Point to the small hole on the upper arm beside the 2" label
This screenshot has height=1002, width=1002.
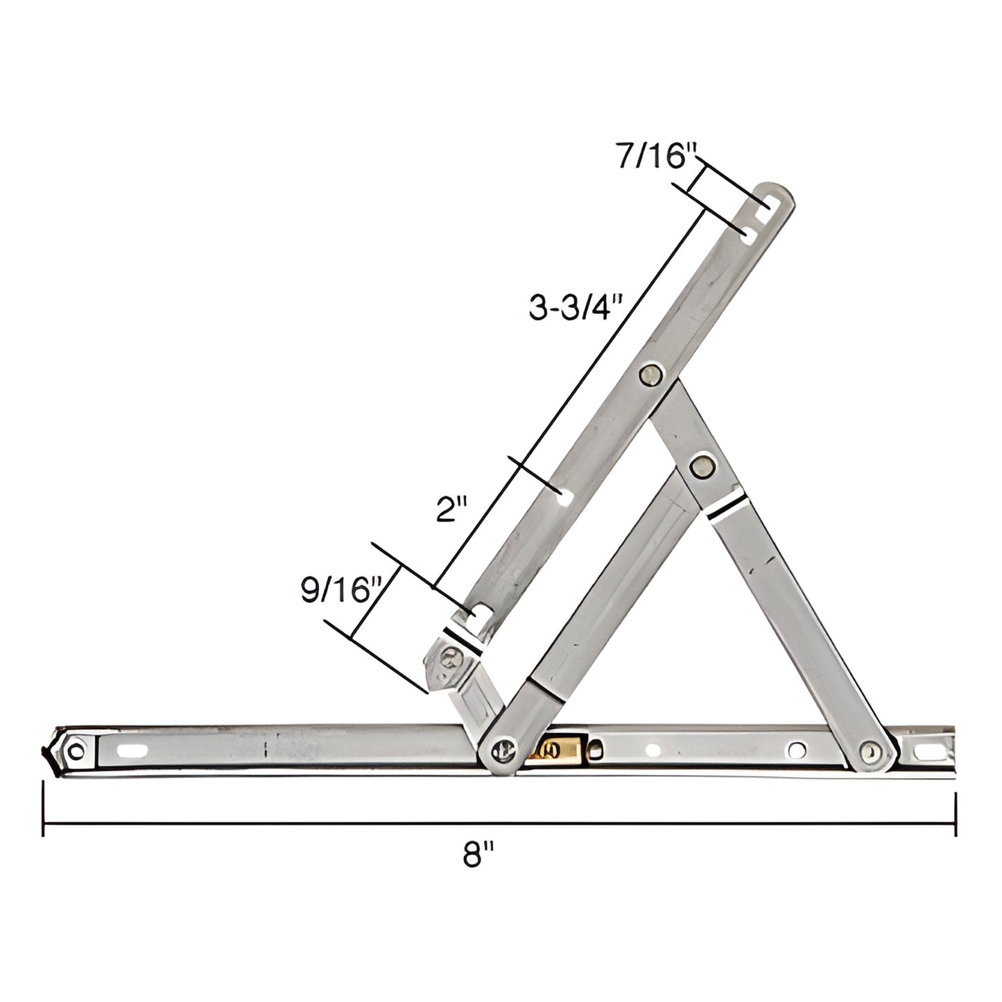(x=564, y=496)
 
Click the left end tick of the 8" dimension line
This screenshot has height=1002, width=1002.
(x=44, y=809)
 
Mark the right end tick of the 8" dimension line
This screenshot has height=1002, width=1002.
(x=956, y=813)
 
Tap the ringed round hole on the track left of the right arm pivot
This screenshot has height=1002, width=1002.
(x=797, y=750)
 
